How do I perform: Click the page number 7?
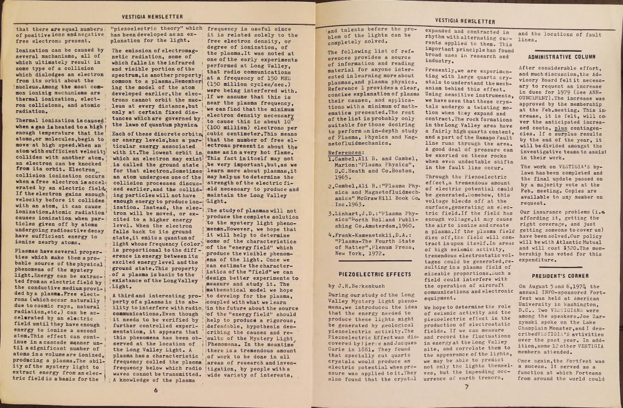pyautogui.click(x=465, y=387)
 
